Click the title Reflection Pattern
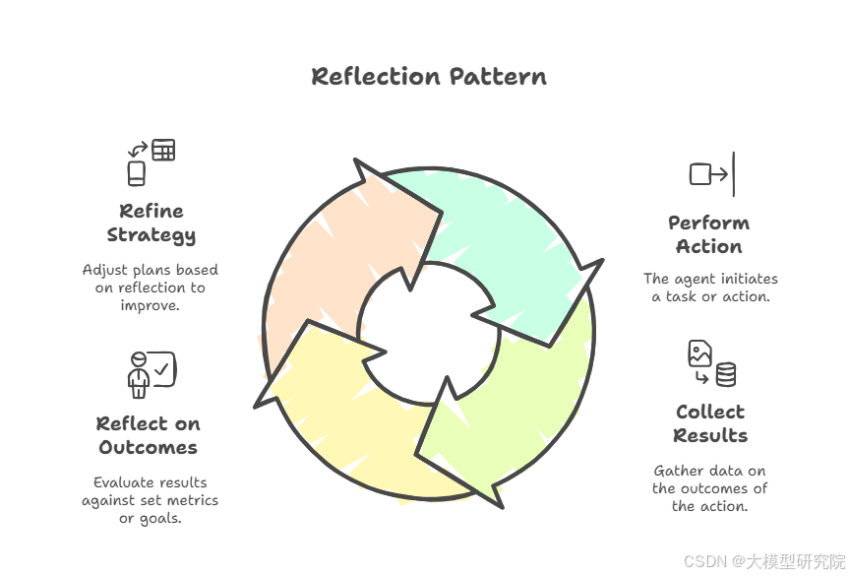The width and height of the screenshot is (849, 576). [x=429, y=76]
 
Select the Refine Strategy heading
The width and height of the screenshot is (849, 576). [x=151, y=223]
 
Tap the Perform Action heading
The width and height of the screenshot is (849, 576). [x=708, y=234]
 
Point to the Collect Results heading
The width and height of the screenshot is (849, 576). [x=710, y=423]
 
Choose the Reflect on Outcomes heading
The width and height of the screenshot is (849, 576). [x=148, y=435]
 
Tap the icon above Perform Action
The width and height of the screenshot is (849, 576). [x=712, y=174]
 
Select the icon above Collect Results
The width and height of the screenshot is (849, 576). [x=711, y=363]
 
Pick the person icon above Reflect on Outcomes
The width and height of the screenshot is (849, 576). [x=151, y=373]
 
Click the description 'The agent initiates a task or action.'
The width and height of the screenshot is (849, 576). [x=710, y=288]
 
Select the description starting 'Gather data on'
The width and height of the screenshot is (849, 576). [x=709, y=488]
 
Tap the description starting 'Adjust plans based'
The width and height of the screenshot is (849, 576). [x=151, y=288]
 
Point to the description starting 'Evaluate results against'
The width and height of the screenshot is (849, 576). [x=151, y=500]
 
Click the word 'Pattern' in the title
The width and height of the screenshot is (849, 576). [x=499, y=76]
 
